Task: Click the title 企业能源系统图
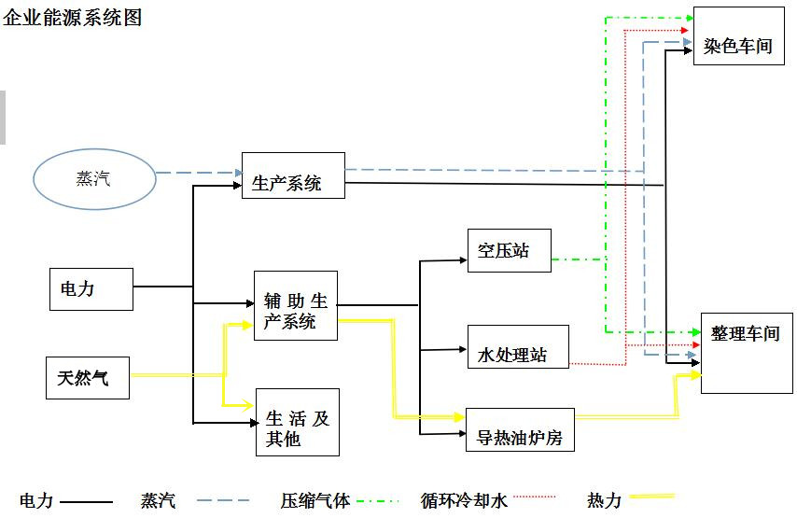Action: click(x=73, y=17)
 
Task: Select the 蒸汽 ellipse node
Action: click(x=94, y=179)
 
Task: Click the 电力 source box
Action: click(x=91, y=289)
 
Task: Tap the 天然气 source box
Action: click(x=88, y=377)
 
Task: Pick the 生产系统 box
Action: click(x=293, y=175)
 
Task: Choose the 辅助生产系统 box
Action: click(x=295, y=305)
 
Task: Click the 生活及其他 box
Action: click(x=297, y=422)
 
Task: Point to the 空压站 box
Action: click(x=509, y=250)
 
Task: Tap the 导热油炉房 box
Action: click(x=519, y=430)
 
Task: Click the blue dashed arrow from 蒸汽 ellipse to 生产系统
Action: click(x=196, y=173)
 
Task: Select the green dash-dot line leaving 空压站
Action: click(x=579, y=259)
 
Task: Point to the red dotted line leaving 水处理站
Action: click(x=597, y=362)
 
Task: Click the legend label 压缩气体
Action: click(x=315, y=500)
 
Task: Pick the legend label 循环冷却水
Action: click(x=464, y=501)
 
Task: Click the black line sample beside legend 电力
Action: click(x=86, y=502)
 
